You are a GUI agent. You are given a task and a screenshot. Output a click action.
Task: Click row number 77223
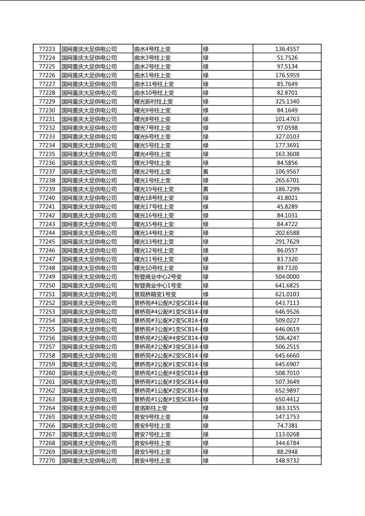47,49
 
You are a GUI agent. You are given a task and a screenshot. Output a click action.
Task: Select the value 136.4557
287,49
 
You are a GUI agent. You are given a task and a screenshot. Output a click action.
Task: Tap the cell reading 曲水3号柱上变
153,58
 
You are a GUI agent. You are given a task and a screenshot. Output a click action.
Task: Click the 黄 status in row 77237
206,172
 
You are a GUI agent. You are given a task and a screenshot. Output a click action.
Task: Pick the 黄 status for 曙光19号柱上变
206,189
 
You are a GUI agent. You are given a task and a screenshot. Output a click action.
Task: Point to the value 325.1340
287,101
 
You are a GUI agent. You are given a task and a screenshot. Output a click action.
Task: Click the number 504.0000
287,277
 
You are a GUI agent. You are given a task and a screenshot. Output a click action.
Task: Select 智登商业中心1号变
158,286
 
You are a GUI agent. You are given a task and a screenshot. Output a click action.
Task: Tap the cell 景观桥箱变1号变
155,294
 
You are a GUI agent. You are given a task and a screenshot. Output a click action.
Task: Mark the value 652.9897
287,391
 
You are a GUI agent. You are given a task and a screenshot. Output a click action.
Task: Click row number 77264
47,408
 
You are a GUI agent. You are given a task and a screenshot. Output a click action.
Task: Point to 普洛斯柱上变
151,408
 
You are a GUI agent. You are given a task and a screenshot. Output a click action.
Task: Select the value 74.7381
287,426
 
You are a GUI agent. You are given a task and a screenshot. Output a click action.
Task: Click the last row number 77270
47,461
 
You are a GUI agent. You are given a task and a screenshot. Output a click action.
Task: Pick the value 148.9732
287,461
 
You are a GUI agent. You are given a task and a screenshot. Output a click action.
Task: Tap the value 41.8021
287,198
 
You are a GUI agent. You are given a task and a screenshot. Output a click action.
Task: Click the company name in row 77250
89,286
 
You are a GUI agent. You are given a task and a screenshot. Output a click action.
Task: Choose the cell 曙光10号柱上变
154,268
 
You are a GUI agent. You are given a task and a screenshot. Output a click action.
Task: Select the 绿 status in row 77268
206,443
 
